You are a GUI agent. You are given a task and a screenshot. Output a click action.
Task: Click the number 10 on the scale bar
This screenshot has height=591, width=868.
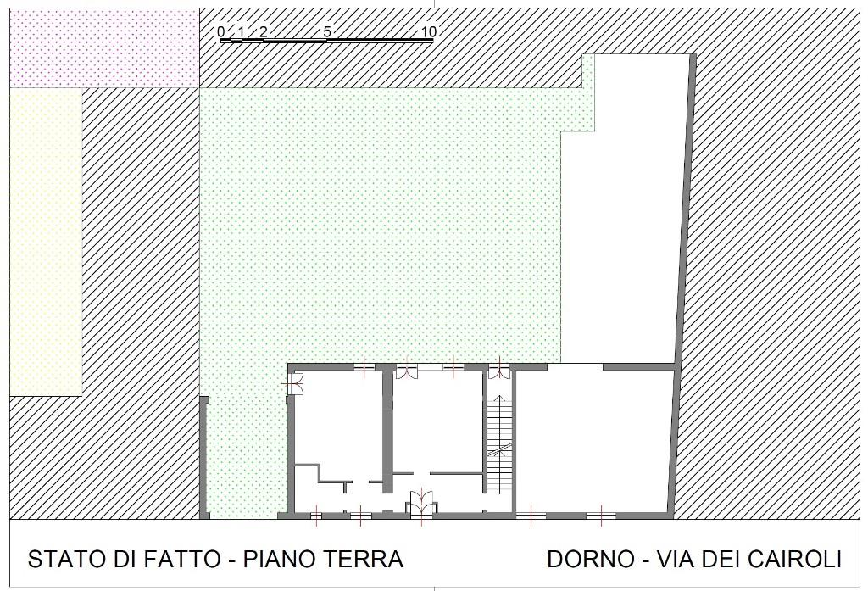(428, 32)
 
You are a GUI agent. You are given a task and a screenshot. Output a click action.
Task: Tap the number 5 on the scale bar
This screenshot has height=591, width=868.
(327, 32)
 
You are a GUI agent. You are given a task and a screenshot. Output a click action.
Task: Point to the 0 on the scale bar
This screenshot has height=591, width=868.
(221, 32)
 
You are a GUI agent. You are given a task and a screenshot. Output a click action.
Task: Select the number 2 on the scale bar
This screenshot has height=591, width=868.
(264, 32)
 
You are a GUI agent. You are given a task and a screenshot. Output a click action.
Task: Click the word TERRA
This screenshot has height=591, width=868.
(364, 560)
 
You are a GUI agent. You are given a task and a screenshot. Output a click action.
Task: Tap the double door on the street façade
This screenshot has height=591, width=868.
(421, 503)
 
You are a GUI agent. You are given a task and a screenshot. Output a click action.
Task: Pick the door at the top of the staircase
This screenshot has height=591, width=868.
(498, 371)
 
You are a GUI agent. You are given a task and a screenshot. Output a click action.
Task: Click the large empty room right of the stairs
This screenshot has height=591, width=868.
(593, 437)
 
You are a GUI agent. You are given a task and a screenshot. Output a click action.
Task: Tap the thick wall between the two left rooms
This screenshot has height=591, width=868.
(387, 424)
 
